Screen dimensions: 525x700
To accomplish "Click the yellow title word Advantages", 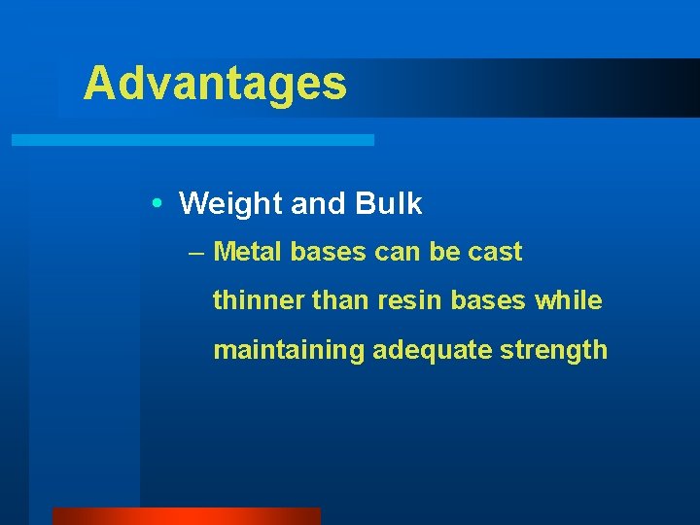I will click(215, 84).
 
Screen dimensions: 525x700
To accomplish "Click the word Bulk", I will click(389, 204).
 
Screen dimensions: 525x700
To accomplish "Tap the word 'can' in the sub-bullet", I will click(399, 253).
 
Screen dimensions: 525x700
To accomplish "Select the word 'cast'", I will click(495, 253).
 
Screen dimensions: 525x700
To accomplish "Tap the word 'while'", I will click(569, 300).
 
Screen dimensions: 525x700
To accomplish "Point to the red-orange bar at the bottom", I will click(186, 516).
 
